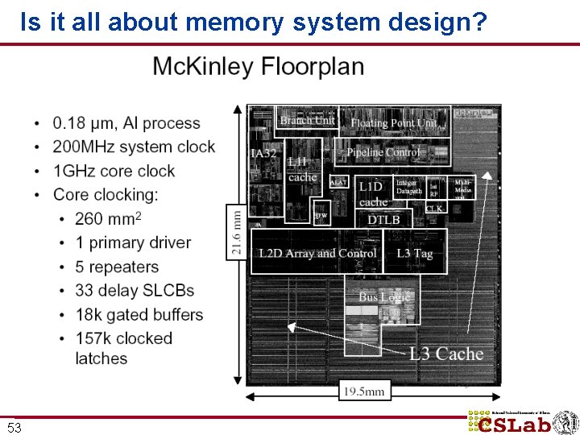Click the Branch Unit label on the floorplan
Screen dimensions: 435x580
click(x=307, y=121)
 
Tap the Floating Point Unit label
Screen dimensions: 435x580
click(x=393, y=123)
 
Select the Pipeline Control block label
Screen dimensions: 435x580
click(x=383, y=152)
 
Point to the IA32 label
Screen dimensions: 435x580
click(x=264, y=154)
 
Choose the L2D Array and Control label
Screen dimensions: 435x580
click(x=317, y=253)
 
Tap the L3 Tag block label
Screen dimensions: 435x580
click(x=415, y=253)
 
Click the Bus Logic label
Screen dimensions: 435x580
click(x=384, y=297)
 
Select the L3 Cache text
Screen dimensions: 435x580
click(x=446, y=354)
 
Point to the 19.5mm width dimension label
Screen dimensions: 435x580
click(x=365, y=391)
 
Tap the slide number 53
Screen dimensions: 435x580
click(x=14, y=428)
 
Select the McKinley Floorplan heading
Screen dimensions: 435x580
click(x=258, y=67)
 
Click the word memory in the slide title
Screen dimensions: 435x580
click(x=234, y=23)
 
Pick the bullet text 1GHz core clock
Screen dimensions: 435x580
click(x=114, y=171)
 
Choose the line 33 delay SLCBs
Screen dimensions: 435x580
click(x=135, y=290)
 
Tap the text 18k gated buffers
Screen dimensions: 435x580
click(x=139, y=314)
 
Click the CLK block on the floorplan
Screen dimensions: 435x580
click(x=434, y=209)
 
